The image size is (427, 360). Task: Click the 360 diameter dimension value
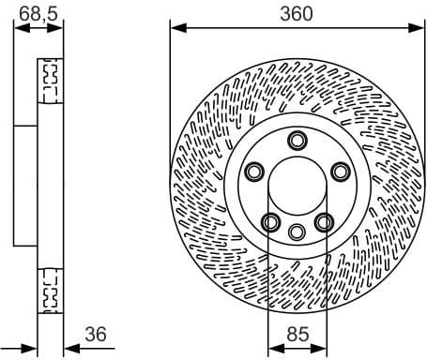click(x=297, y=12)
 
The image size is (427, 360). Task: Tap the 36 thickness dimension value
click(x=96, y=332)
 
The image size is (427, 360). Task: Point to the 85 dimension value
click(x=297, y=332)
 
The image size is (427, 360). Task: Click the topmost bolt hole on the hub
click(x=297, y=141)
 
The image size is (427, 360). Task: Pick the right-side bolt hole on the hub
click(x=340, y=172)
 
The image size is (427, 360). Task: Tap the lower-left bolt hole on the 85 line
click(x=270, y=221)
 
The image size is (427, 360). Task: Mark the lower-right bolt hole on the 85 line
click(x=325, y=221)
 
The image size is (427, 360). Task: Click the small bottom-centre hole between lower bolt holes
click(x=297, y=232)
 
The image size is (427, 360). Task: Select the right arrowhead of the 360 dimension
click(x=419, y=27)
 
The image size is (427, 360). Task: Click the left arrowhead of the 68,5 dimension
click(x=19, y=27)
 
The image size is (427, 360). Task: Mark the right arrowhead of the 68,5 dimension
click(x=62, y=27)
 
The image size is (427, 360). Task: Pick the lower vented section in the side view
click(x=50, y=292)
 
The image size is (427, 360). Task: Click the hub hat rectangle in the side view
click(x=26, y=186)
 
